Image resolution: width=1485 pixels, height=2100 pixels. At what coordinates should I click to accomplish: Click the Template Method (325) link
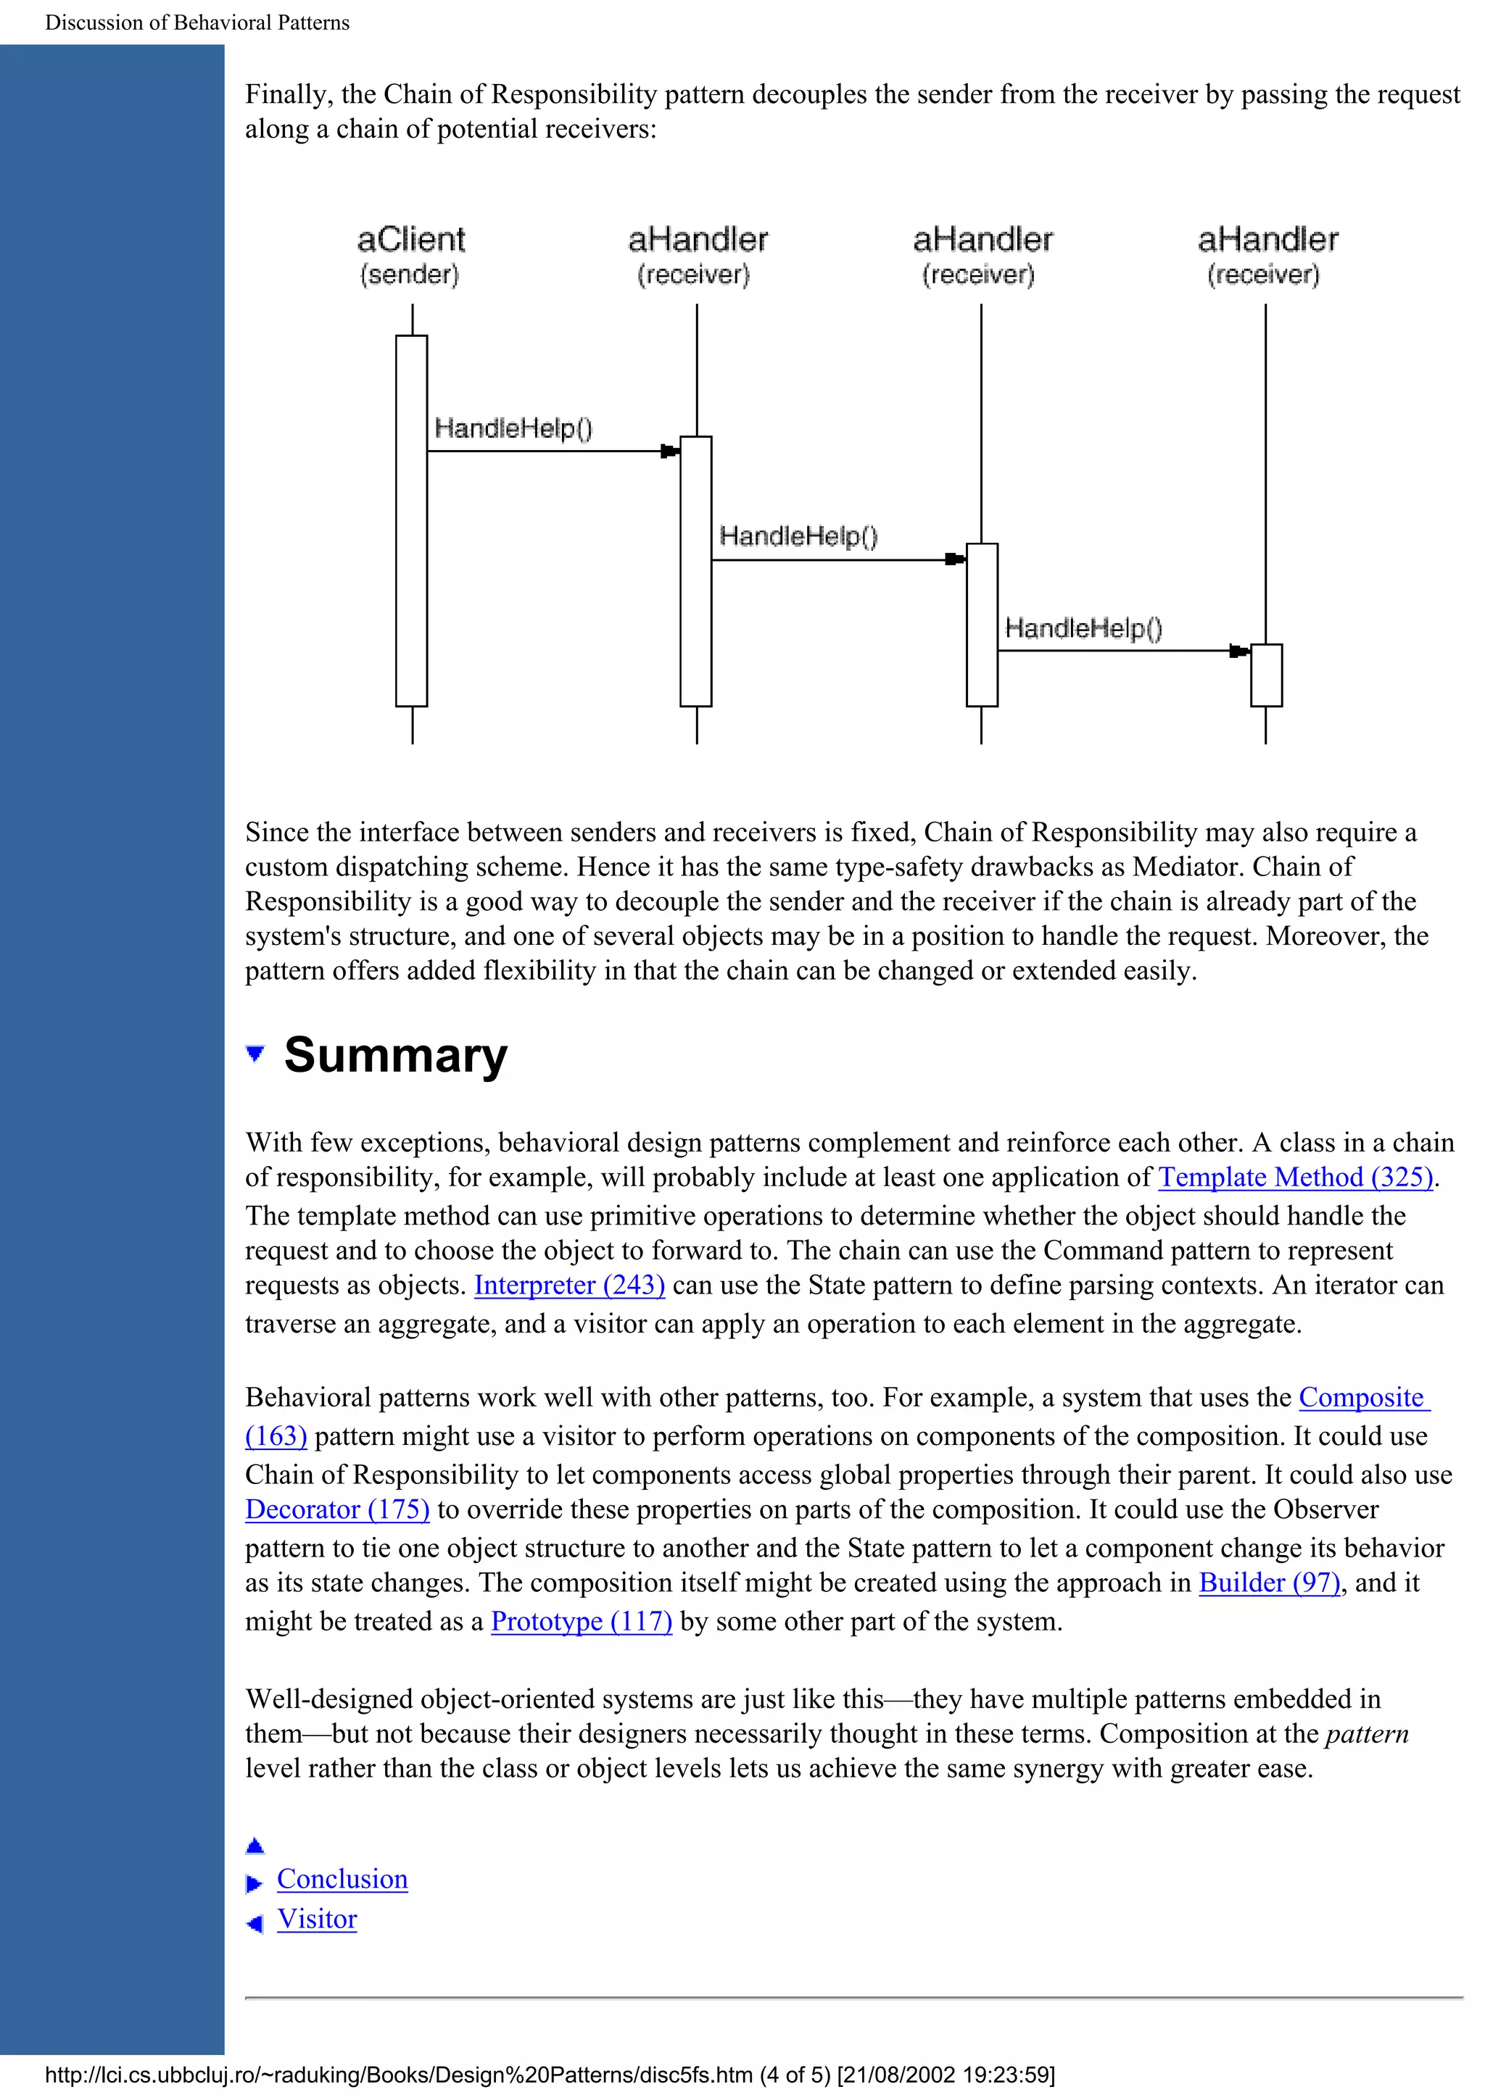(x=1295, y=1177)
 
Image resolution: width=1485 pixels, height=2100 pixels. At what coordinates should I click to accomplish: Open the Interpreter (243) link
(x=569, y=1285)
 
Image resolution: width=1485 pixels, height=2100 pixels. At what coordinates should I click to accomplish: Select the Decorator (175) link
(x=336, y=1509)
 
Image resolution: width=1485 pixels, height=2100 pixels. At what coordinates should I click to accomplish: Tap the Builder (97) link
(x=1269, y=1583)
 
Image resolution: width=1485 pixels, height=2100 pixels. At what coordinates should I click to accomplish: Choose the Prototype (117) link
(x=581, y=1621)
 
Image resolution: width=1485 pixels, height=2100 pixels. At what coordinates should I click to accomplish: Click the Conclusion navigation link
(x=342, y=1879)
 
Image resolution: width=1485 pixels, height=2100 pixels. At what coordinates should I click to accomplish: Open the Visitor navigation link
(x=317, y=1919)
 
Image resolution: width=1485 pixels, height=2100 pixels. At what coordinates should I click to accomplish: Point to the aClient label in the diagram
(x=411, y=240)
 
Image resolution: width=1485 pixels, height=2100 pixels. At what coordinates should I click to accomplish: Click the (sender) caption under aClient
(x=409, y=275)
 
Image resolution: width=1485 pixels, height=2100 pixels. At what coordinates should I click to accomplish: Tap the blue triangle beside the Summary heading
(x=255, y=1054)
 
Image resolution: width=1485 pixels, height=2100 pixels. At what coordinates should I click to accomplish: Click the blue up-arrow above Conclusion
(x=255, y=1846)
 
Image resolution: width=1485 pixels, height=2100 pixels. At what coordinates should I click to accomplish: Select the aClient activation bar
(x=412, y=521)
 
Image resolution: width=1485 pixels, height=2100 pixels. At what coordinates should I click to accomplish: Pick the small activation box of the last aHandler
(x=1266, y=675)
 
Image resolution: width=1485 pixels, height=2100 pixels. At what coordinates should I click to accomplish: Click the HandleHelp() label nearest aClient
(x=513, y=428)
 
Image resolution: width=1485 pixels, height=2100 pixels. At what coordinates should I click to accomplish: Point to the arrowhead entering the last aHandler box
(x=1239, y=651)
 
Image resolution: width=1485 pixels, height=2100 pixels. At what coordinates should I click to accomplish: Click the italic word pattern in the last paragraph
(x=1366, y=1733)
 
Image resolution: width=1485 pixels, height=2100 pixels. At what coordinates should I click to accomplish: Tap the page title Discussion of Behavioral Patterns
(x=197, y=23)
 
